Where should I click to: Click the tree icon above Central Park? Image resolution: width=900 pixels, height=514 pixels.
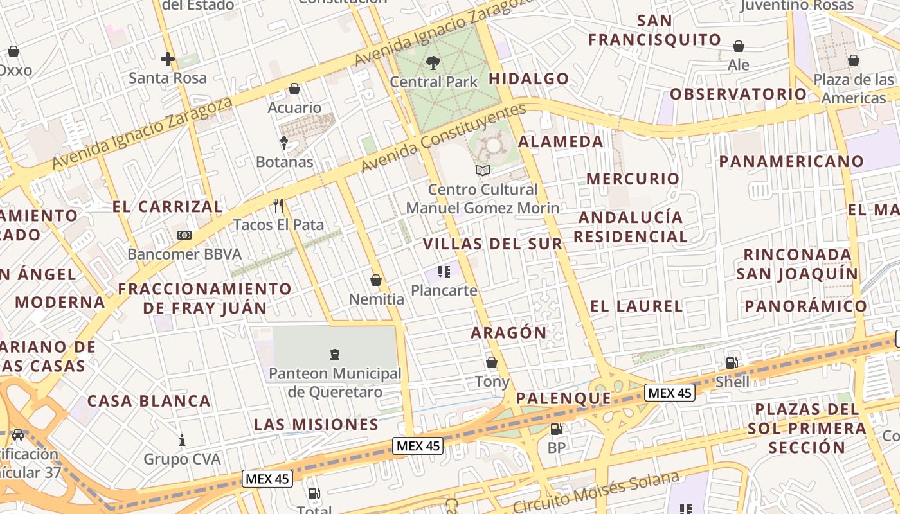tap(433, 63)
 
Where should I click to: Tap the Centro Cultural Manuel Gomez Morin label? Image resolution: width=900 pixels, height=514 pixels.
tap(483, 199)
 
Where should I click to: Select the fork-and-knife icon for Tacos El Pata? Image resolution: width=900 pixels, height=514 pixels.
tap(278, 206)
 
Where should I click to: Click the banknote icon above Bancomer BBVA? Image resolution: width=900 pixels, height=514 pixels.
tap(184, 235)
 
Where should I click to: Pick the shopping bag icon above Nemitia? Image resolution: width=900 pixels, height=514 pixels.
tap(376, 280)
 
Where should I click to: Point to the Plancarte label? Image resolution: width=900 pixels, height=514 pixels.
tap(444, 290)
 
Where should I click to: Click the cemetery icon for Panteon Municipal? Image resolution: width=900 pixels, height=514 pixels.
tap(334, 354)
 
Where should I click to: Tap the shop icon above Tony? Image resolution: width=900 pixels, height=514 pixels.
tap(492, 362)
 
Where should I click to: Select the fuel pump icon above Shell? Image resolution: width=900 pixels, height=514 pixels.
tap(732, 363)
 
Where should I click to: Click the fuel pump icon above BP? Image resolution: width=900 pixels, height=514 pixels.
tap(556, 429)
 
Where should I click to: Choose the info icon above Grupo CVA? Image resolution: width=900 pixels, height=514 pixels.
tap(182, 441)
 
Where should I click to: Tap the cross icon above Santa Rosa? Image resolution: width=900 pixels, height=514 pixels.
tap(168, 60)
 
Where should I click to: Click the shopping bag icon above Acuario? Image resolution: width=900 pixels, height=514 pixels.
tap(294, 89)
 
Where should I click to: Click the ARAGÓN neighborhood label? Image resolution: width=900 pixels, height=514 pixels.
tap(509, 333)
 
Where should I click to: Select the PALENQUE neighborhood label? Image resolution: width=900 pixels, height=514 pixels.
tap(563, 398)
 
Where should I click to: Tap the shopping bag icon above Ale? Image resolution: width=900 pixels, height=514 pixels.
tap(739, 46)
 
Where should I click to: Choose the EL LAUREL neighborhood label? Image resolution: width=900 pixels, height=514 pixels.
tap(636, 306)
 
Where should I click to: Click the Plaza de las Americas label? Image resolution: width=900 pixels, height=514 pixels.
tap(854, 89)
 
